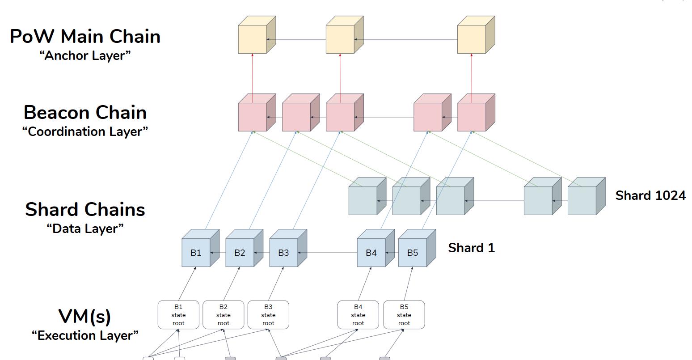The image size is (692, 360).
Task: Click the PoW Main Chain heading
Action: [85, 36]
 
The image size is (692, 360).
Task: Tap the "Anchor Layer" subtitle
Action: [85, 55]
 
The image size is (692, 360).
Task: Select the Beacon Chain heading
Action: [85, 112]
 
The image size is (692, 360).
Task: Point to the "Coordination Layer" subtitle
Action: [85, 131]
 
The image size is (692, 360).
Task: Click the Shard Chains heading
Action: [85, 209]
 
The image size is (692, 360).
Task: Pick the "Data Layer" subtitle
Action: [85, 229]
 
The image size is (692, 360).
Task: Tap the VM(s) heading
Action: [85, 316]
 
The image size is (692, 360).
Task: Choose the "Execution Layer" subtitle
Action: [85, 335]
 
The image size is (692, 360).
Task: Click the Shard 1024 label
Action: [650, 195]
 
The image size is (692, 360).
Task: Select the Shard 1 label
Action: [471, 248]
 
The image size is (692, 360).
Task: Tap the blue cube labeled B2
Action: [240, 253]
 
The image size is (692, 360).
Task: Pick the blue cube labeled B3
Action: [283, 253]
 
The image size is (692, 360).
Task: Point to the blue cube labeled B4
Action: [371, 253]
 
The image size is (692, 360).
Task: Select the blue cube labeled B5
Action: [413, 253]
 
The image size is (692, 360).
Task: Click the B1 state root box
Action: [178, 315]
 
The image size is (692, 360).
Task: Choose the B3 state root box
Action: [268, 315]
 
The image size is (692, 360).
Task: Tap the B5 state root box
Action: [404, 315]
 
